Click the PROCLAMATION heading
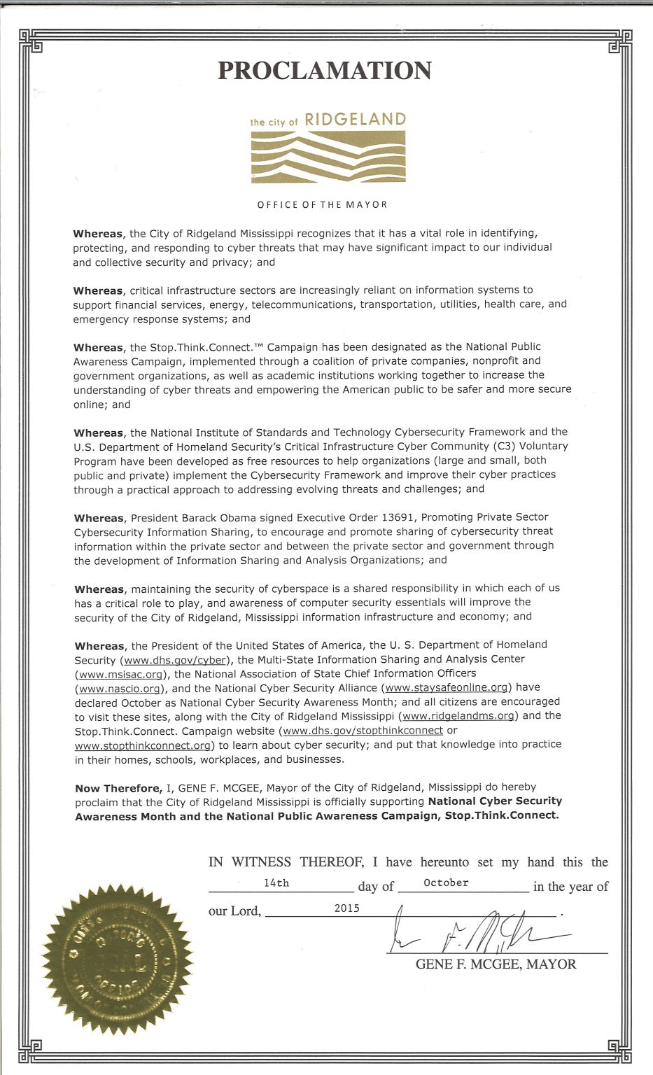324,71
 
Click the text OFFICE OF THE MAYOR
322,205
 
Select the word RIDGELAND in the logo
356,120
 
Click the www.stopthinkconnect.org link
143,745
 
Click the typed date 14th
276,883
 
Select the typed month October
446,883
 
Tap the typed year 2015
346,908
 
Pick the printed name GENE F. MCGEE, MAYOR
496,964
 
